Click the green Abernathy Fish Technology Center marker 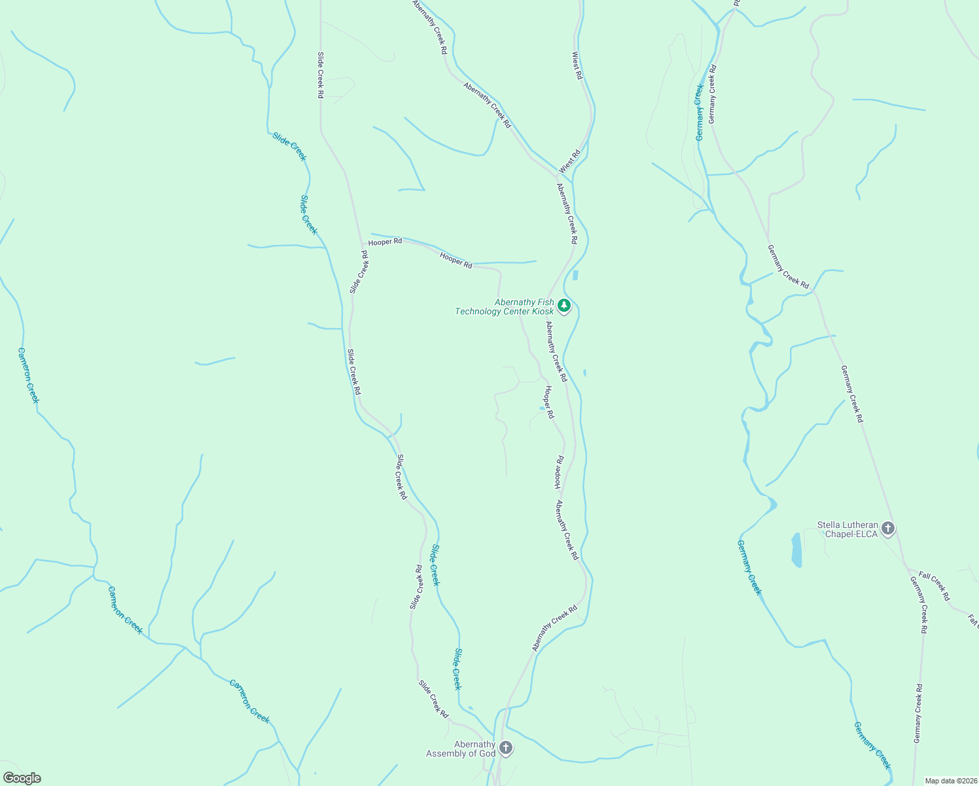click(x=563, y=306)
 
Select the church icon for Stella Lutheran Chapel click(x=887, y=528)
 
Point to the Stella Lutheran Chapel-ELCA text click(x=847, y=529)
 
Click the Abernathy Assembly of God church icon click(x=505, y=747)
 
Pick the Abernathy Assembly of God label click(x=461, y=749)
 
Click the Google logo click(x=22, y=778)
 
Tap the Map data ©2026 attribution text click(x=950, y=781)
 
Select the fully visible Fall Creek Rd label click(x=934, y=586)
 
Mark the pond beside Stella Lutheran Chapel click(x=796, y=550)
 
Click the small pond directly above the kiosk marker click(x=575, y=275)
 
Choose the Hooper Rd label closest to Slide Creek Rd click(x=385, y=242)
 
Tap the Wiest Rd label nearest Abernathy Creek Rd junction click(x=569, y=162)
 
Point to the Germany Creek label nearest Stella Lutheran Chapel click(x=749, y=567)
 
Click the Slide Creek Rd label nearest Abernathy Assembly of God click(x=433, y=699)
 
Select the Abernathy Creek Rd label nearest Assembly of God click(x=554, y=628)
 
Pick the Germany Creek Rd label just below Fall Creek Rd click(x=918, y=604)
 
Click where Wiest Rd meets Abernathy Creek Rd click(x=558, y=175)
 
